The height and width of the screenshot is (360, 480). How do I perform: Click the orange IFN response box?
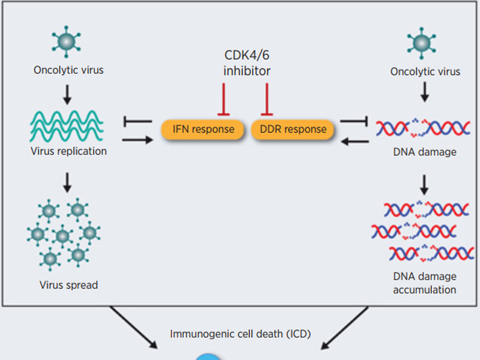(203, 129)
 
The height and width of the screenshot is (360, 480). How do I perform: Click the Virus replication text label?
(68, 151)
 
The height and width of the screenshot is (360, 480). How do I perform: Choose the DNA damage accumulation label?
(424, 283)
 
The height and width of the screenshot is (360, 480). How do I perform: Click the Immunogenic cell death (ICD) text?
(240, 334)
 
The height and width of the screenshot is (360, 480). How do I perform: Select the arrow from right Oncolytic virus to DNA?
(425, 91)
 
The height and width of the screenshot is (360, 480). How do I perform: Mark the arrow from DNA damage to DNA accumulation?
(424, 183)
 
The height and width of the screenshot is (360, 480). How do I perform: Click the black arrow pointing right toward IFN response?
(137, 140)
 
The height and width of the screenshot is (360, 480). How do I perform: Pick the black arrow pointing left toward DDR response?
(355, 142)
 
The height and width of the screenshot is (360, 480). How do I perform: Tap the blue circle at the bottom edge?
(208, 356)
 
